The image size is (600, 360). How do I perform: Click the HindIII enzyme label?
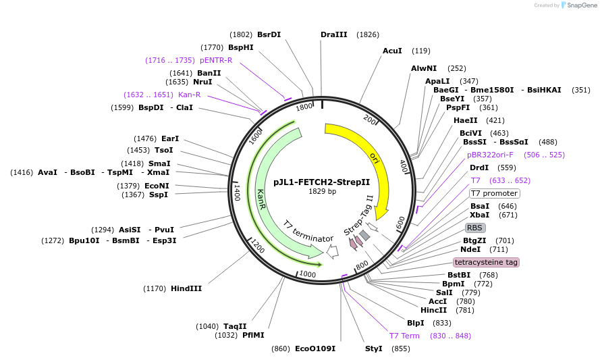186,288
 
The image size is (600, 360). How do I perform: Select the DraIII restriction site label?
334,34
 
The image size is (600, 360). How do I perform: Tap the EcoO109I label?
315,349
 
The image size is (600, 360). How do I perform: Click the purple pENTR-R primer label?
216,60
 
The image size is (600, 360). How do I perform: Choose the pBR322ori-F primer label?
490,155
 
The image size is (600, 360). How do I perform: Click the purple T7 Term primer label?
404,336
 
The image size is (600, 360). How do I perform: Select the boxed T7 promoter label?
494,193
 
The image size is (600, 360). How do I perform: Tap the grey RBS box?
475,228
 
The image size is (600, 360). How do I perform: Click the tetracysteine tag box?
486,262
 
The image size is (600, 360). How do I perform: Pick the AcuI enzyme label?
392,51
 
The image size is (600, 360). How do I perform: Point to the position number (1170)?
155,288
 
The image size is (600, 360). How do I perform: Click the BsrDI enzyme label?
269,34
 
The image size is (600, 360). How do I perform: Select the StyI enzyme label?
373,349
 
